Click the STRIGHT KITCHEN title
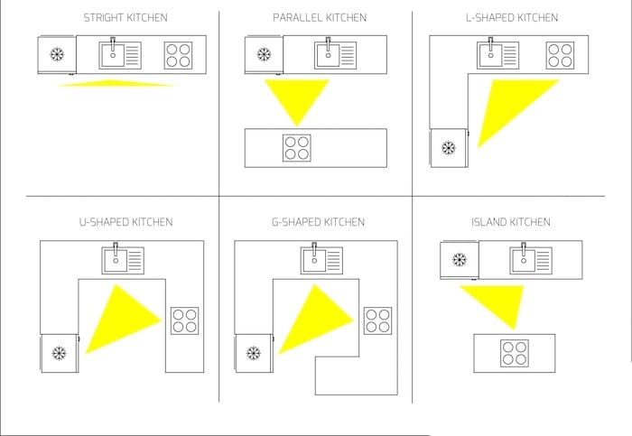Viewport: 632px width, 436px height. pos(125,18)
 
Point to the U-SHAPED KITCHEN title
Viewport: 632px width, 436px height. pos(125,222)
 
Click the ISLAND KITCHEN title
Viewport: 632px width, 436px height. pos(510,222)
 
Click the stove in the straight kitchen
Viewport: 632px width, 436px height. pos(178,56)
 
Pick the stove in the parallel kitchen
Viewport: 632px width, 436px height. pos(297,147)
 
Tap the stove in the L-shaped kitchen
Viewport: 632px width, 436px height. pos(561,56)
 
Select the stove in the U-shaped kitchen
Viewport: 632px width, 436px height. pos(184,320)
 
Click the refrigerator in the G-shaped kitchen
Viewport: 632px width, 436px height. pos(253,352)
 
